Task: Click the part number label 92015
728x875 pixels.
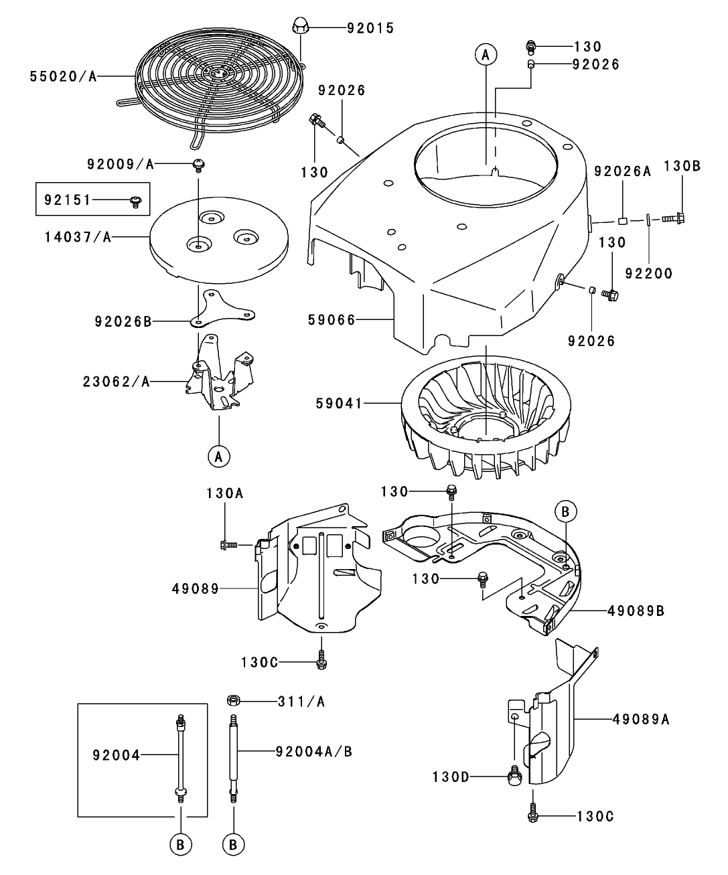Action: [x=370, y=28]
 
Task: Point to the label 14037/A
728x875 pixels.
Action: [x=78, y=236]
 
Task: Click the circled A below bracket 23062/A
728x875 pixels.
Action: [x=218, y=457]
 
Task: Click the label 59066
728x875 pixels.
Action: [x=331, y=321]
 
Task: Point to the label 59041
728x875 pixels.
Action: [x=338, y=403]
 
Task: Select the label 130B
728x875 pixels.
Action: [x=682, y=166]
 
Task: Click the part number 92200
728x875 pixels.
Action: [x=648, y=273]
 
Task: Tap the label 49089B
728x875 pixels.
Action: [x=636, y=611]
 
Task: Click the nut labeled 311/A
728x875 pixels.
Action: [x=234, y=701]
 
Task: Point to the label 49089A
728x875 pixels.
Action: [x=640, y=719]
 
